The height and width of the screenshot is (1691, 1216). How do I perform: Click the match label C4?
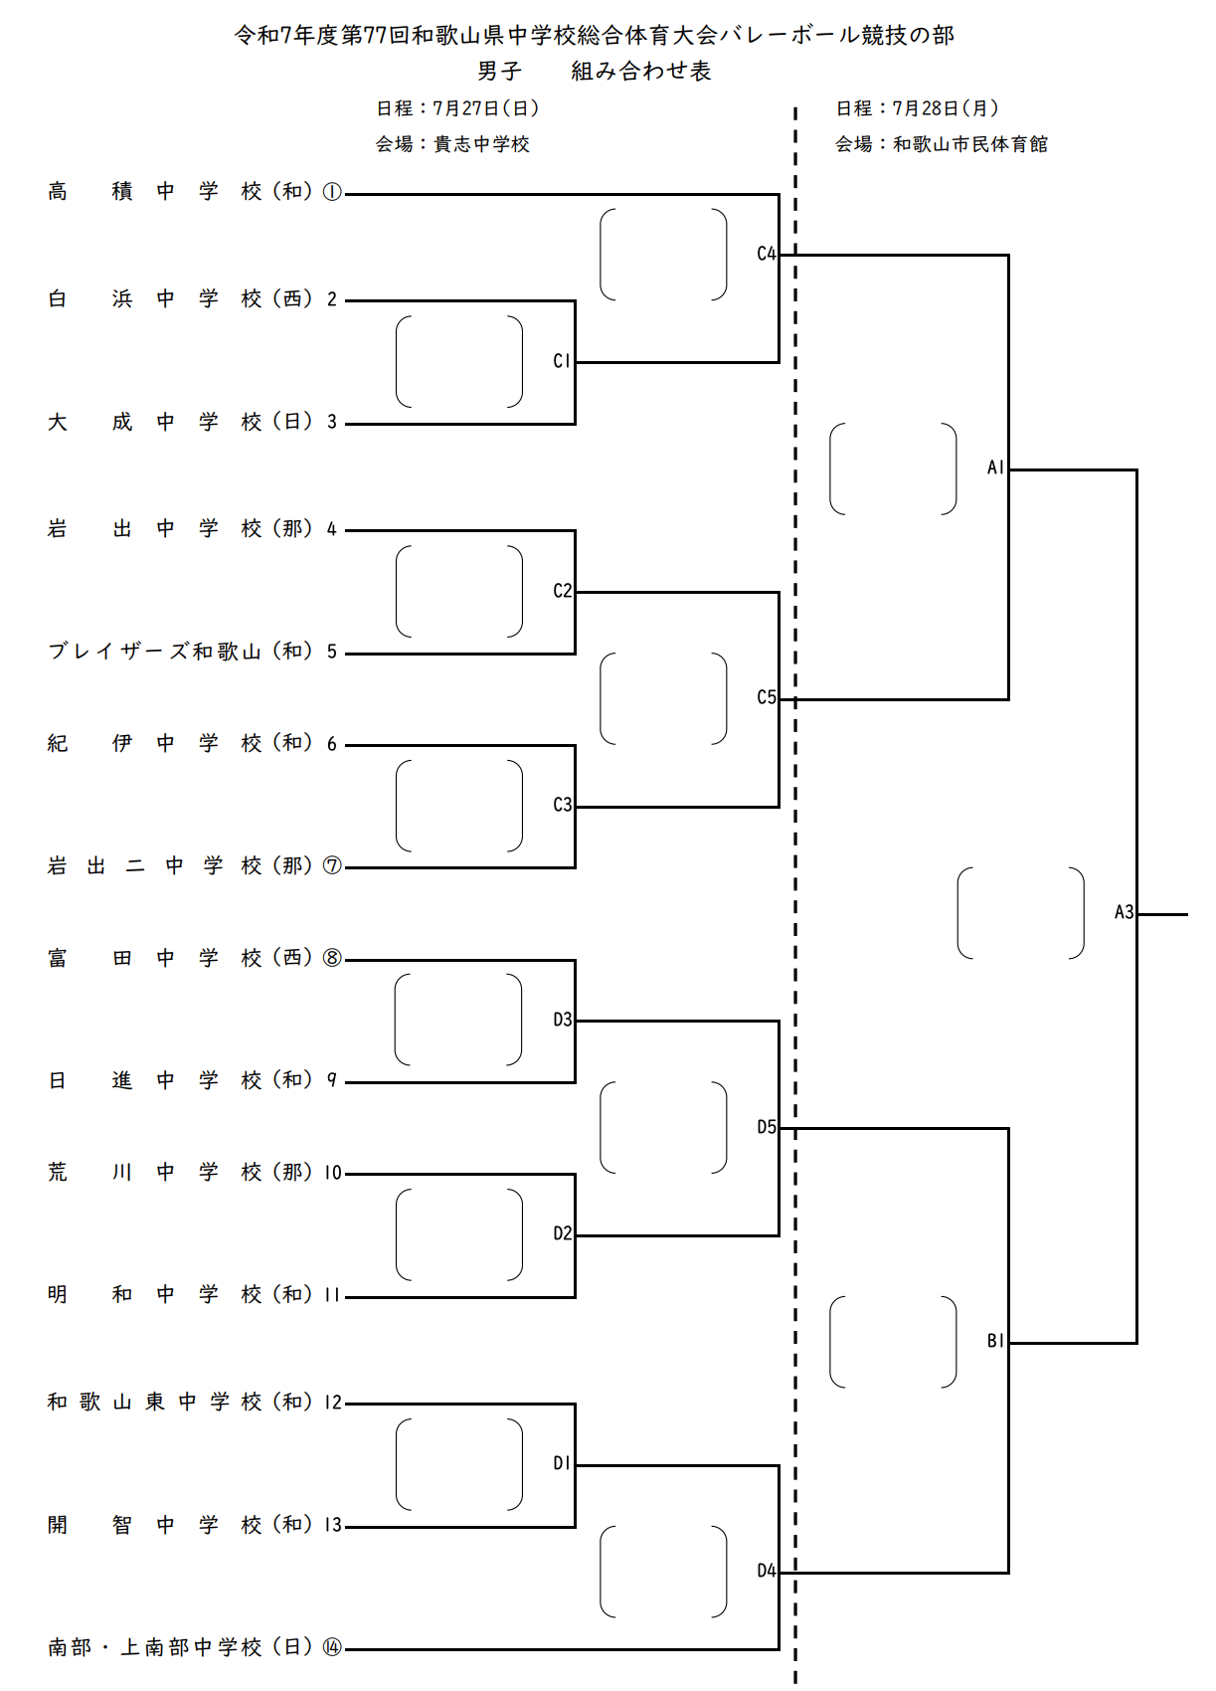pyautogui.click(x=766, y=254)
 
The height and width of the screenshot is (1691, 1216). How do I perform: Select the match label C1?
pyautogui.click(x=562, y=361)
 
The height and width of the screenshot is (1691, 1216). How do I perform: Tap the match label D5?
pyautogui.click(x=766, y=1127)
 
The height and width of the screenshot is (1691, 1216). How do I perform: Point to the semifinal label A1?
pyautogui.click(x=995, y=468)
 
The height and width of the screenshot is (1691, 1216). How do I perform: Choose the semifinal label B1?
pyautogui.click(x=995, y=1341)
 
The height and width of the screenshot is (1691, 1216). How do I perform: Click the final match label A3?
pyautogui.click(x=1124, y=912)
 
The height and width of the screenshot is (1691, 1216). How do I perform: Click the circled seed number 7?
pyautogui.click(x=332, y=866)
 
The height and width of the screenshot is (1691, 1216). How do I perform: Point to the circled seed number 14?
pyautogui.click(x=332, y=1648)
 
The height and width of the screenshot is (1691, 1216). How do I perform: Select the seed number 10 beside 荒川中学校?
pyautogui.click(x=333, y=1173)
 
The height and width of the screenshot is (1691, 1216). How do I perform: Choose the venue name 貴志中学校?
pyautogui.click(x=482, y=144)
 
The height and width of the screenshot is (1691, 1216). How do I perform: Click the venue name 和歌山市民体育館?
pyautogui.click(x=970, y=144)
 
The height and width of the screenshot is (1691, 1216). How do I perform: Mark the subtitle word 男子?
pyautogui.click(x=499, y=72)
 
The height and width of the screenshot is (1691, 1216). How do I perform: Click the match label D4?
pyautogui.click(x=766, y=1571)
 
